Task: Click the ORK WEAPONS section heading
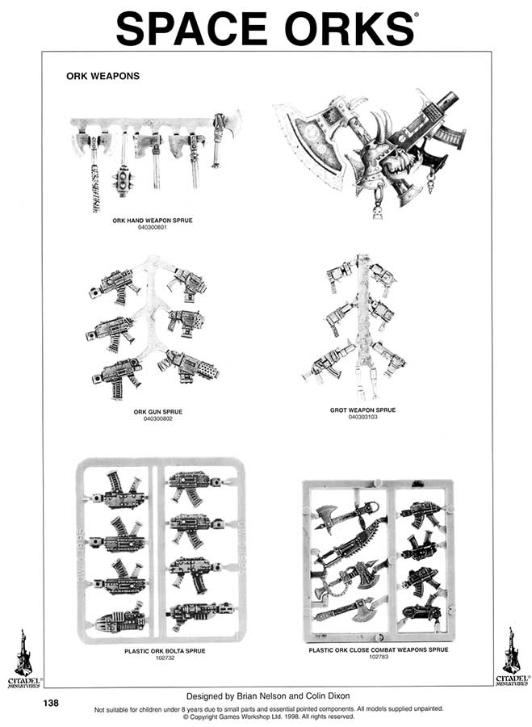(x=103, y=76)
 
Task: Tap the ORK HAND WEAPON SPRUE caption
(x=153, y=221)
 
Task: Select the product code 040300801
(x=153, y=227)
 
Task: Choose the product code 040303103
(x=362, y=417)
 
